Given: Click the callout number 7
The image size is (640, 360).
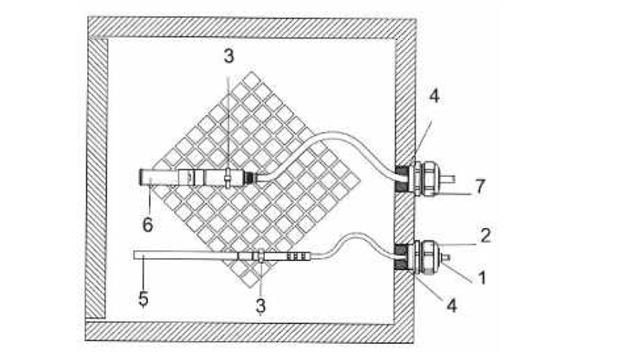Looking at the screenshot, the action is point(480,186).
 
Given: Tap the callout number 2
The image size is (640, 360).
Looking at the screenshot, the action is point(486,235).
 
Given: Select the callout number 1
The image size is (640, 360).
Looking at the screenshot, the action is point(482,278).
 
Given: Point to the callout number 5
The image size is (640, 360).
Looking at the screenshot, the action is point(143,298).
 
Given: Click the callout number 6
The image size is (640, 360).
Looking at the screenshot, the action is point(147,225).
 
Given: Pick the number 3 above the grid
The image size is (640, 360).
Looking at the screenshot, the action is point(229,56).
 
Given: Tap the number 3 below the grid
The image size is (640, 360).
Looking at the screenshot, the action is point(261,306).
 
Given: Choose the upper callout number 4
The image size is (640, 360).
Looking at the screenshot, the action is point(434,96).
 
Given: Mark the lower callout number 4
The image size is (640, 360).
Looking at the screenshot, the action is point(451,305).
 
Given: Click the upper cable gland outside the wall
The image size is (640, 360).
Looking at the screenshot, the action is point(426,178).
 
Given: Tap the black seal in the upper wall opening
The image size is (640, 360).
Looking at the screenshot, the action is point(401,178).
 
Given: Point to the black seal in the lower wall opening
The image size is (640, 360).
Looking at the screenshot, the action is point(401,256).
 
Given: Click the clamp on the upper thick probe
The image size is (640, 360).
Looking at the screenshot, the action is point(228,178).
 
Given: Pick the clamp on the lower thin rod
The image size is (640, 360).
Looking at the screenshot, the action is point(258,255).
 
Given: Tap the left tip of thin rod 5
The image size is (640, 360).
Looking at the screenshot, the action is point(134,255).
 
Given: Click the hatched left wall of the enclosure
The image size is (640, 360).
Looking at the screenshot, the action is point(97,178).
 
